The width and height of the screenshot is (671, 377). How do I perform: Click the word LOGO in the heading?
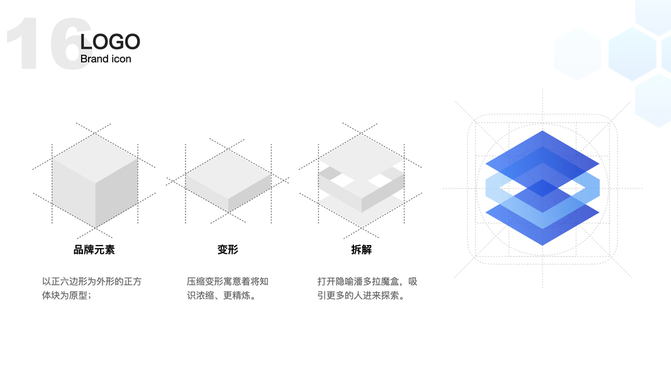tap(110, 42)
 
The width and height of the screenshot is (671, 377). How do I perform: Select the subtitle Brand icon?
tap(106, 59)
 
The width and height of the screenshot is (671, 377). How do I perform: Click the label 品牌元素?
tap(94, 249)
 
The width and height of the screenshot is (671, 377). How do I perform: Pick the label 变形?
tap(228, 249)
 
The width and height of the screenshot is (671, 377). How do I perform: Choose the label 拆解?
tap(361, 249)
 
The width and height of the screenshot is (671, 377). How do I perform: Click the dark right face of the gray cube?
tap(116, 192)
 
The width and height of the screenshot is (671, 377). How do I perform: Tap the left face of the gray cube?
tap(73, 192)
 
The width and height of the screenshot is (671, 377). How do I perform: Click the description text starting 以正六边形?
tap(92, 288)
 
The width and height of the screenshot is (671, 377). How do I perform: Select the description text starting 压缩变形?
tap(228, 288)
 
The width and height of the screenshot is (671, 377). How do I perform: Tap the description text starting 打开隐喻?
tap(367, 288)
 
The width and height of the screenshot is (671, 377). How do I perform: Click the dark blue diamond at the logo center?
tap(542, 187)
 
